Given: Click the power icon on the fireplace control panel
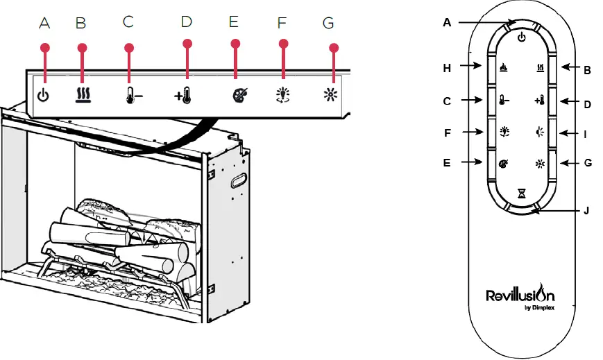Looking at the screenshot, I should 43,96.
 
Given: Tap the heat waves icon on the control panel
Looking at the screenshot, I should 83,96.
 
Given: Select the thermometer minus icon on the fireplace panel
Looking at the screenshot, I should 134,96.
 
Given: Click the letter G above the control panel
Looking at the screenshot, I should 328,23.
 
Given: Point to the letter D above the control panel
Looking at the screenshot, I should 186,22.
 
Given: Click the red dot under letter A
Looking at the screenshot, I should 46,48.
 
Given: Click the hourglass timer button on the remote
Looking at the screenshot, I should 521,194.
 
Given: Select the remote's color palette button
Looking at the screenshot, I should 502,164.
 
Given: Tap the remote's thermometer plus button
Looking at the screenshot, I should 539,101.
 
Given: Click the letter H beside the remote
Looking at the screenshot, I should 447,68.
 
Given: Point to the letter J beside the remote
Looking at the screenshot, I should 586,210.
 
